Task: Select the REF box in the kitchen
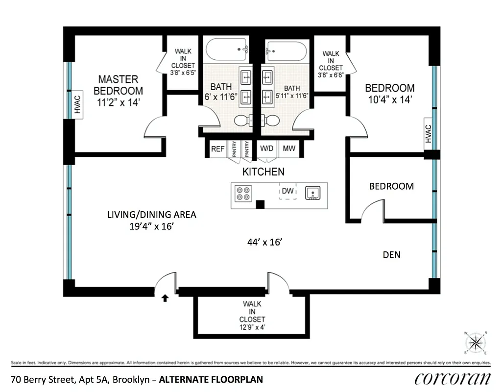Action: click(x=217, y=149)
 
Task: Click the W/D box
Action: click(x=267, y=149)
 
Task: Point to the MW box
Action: click(x=289, y=149)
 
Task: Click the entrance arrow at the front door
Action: click(x=165, y=297)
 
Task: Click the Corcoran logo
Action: click(x=452, y=378)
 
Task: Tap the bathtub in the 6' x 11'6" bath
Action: click(x=227, y=50)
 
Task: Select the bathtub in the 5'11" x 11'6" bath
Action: click(x=286, y=50)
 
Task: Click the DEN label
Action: click(x=391, y=255)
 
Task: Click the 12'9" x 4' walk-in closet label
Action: click(x=252, y=316)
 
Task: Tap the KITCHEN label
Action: click(x=263, y=172)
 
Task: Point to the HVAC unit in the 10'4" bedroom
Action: click(x=428, y=134)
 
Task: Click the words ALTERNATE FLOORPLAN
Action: click(x=212, y=379)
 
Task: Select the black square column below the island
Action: click(x=261, y=204)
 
